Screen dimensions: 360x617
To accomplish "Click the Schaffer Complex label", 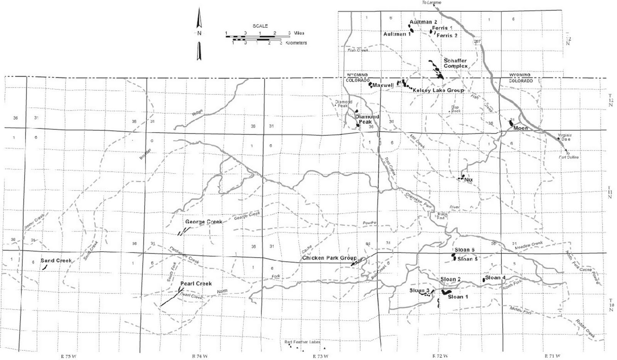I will coord(455,63).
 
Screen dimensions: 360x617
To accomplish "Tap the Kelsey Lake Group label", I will coord(438,90).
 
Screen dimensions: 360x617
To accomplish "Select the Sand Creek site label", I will coord(56,261).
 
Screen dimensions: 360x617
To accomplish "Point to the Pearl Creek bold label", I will coord(196,284).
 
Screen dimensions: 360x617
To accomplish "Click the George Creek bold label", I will coord(204,222).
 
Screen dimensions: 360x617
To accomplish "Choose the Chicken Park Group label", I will coord(329,258).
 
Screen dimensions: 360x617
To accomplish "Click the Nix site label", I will coord(469,180).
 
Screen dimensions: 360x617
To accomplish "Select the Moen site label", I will coord(521,128).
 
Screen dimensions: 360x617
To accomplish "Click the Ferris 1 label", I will coord(442,28).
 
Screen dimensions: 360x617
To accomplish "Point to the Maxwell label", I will coord(383,85).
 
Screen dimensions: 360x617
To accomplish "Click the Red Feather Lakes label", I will coord(302,342).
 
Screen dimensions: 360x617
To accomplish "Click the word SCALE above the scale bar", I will coord(260,26).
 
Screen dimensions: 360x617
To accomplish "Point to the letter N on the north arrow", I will coord(199,33).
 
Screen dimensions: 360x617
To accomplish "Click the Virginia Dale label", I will coord(565,137).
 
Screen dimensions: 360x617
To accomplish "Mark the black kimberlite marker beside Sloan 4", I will coord(483,279).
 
